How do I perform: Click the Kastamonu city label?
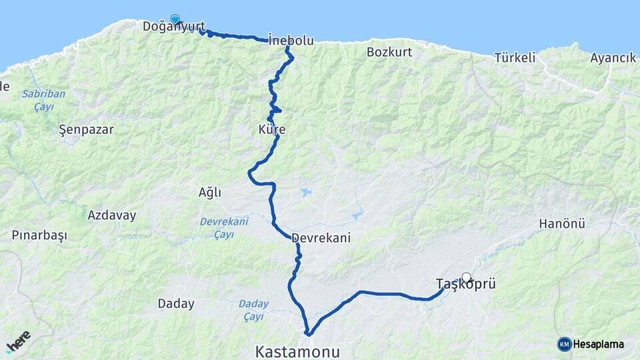pyautogui.click(x=297, y=351)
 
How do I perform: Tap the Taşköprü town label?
pyautogui.click(x=466, y=284)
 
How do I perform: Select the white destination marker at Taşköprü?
pyautogui.click(x=467, y=277)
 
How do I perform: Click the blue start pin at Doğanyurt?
pyautogui.click(x=175, y=19)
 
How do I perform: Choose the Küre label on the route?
pyautogui.click(x=271, y=129)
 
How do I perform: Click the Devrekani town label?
pyautogui.click(x=321, y=238)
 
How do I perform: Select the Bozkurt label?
pyautogui.click(x=389, y=51)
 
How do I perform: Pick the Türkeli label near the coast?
pyautogui.click(x=515, y=57)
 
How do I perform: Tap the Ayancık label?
pyautogui.click(x=613, y=57)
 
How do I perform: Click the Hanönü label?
pyautogui.click(x=562, y=223)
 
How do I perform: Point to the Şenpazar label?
pyautogui.click(x=86, y=129)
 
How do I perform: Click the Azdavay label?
pyautogui.click(x=112, y=215)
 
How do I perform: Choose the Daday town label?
pyautogui.click(x=176, y=304)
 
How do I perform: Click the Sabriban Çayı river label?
pyautogui.click(x=44, y=100)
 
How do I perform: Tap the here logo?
pyautogui.click(x=19, y=341)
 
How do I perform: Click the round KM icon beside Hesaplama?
pyautogui.click(x=564, y=344)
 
